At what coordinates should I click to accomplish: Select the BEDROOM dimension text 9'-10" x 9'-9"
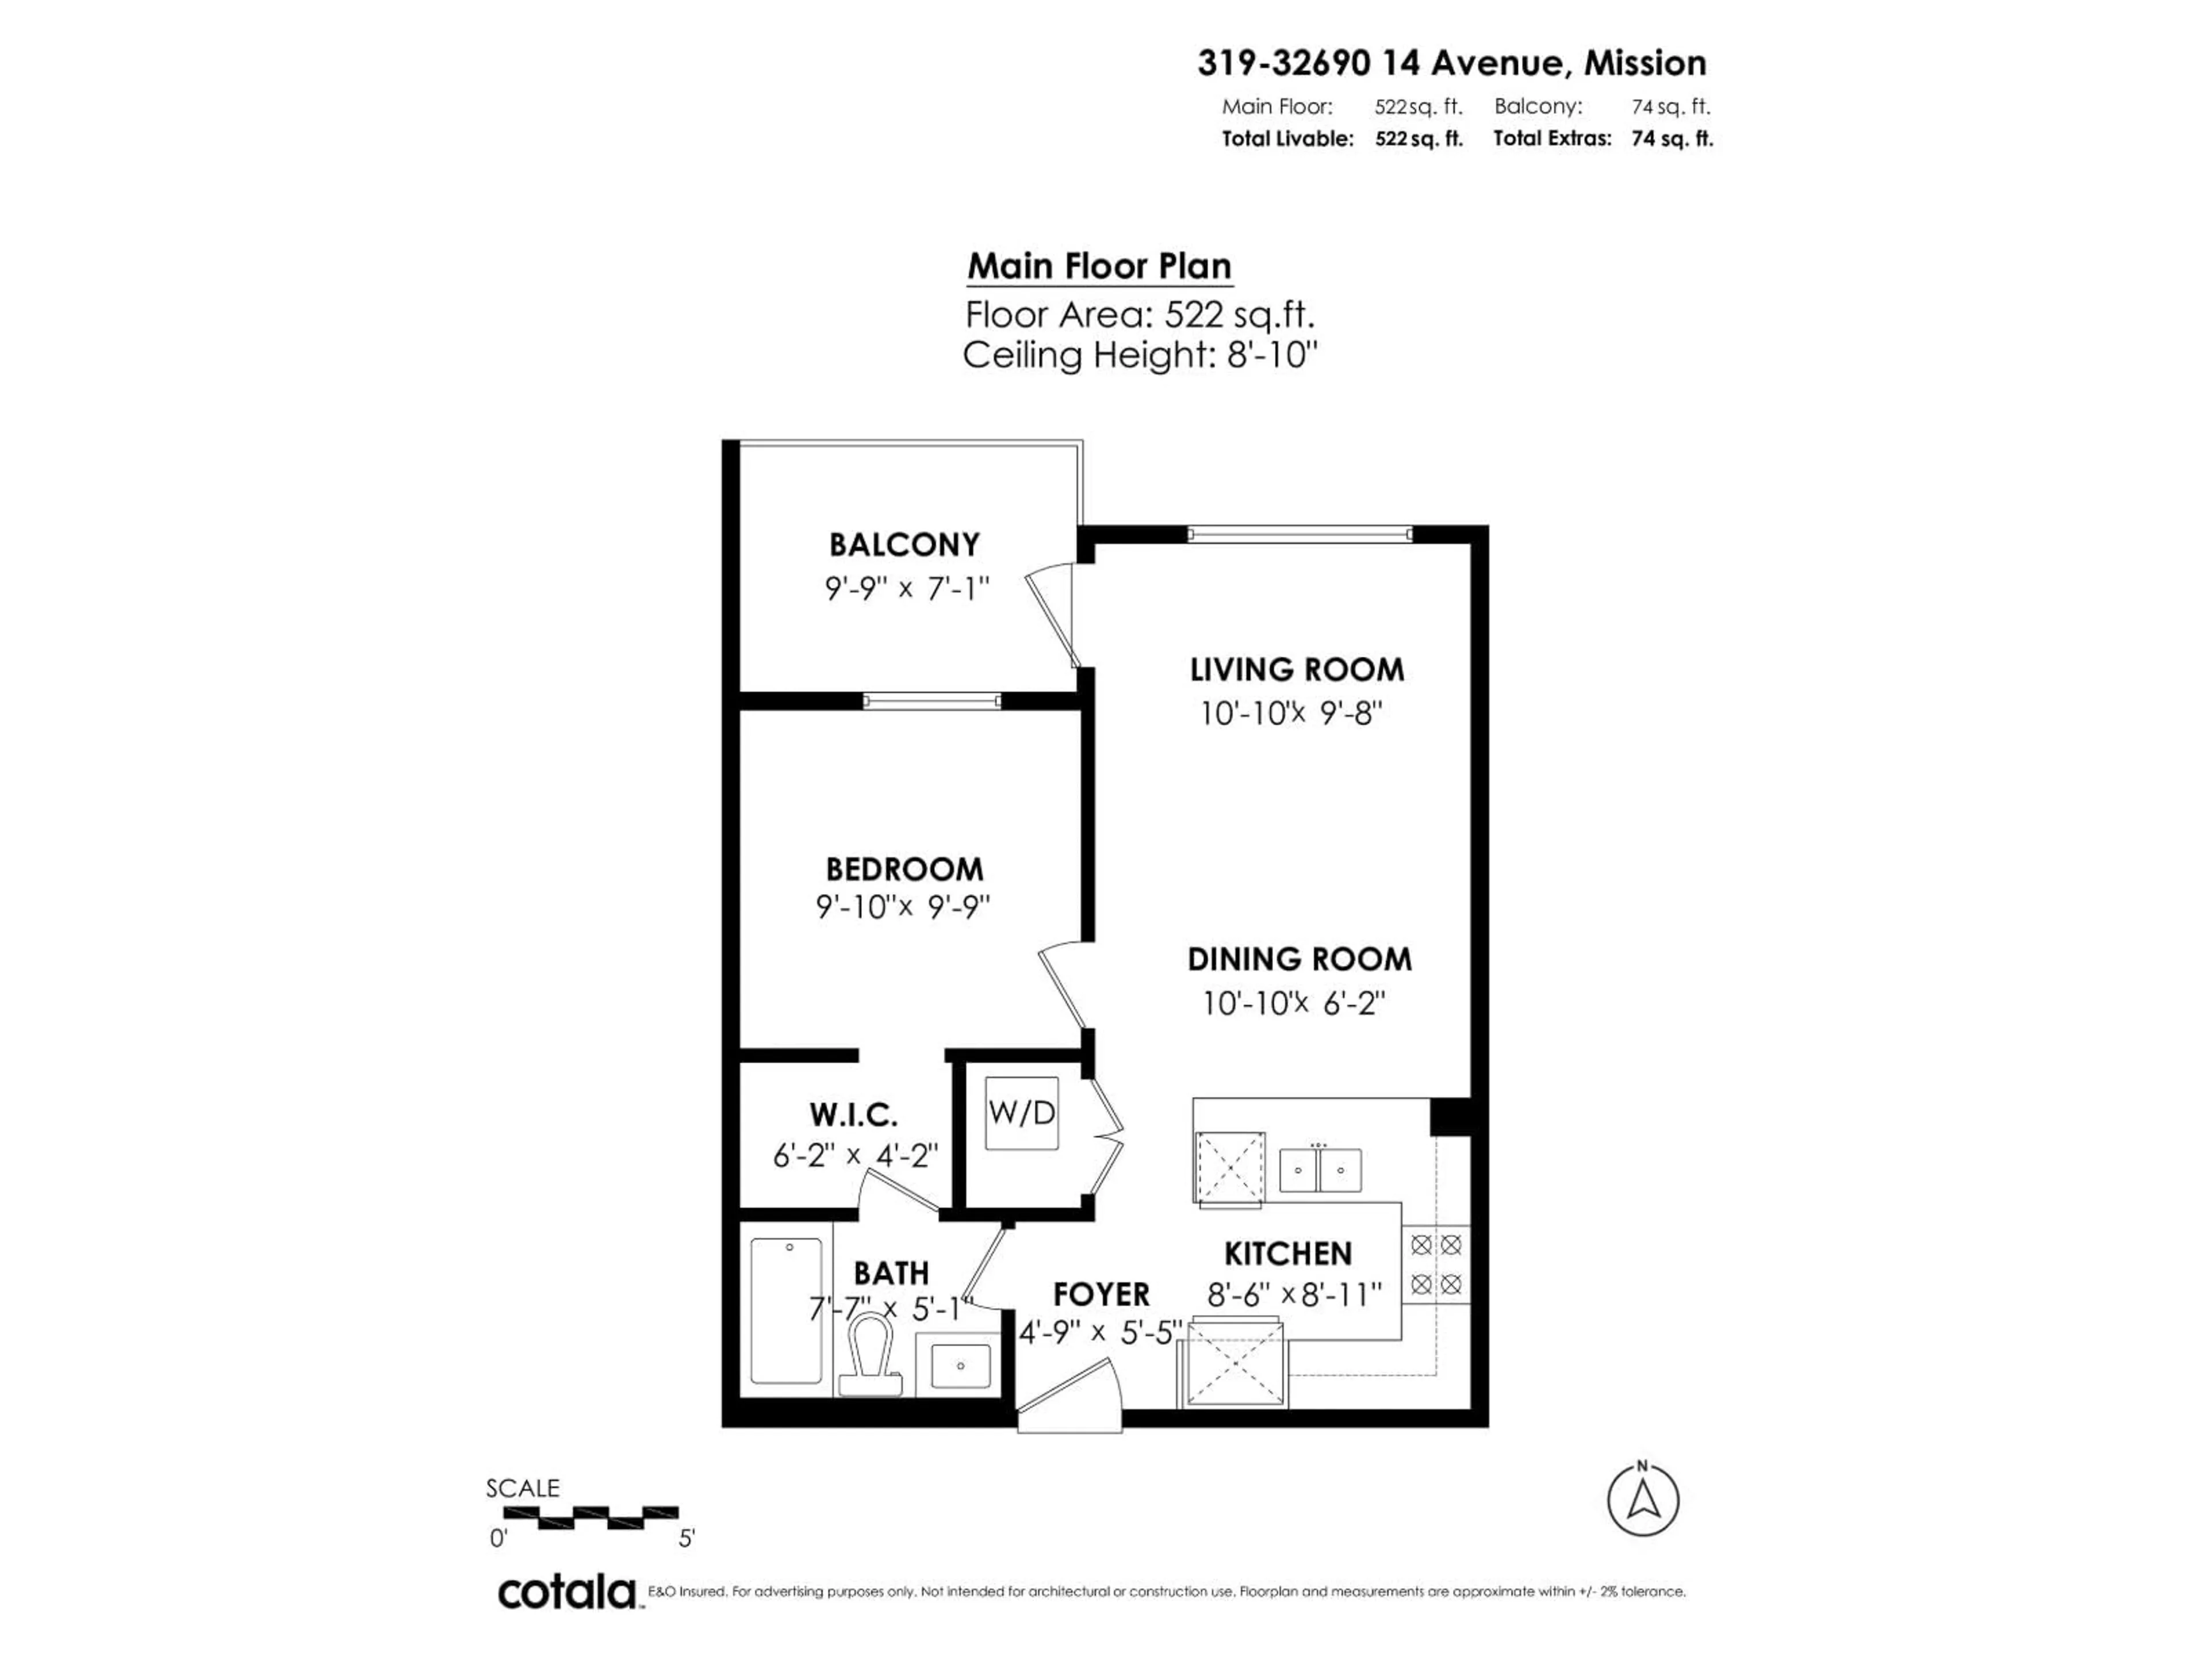pos(902,907)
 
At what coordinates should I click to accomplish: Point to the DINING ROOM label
pos(1299,959)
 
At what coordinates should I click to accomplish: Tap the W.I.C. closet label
pos(853,1114)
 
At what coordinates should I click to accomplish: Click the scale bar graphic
pos(591,1517)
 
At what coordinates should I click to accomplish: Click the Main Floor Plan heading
pos(1099,267)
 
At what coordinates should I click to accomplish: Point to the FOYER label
pos(1101,1295)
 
